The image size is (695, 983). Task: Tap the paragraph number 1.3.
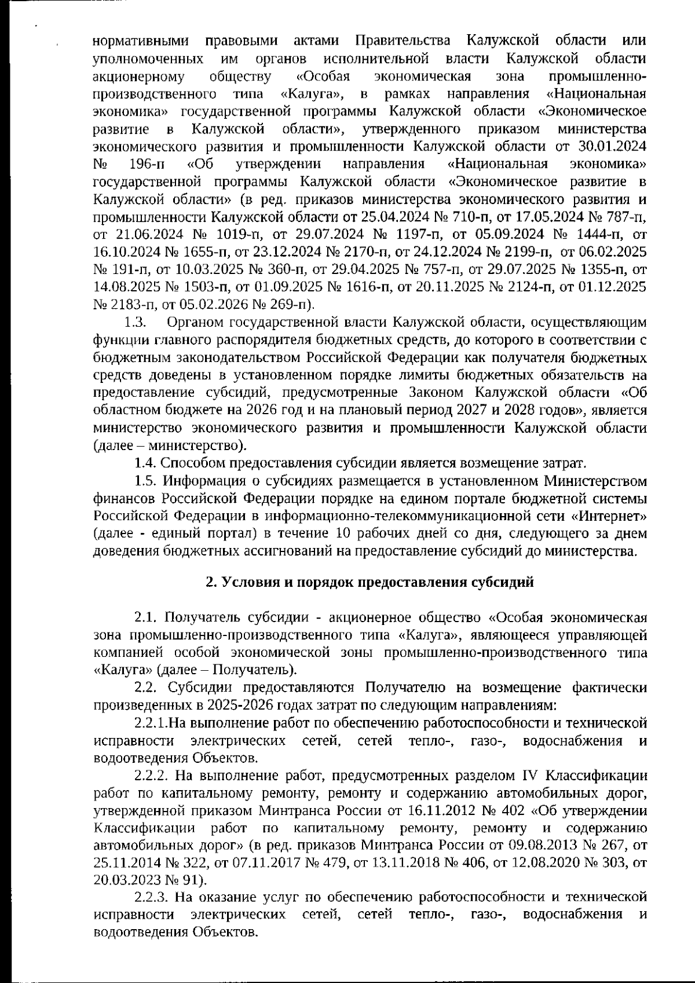tap(135, 321)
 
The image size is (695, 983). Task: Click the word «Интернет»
tap(610, 516)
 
